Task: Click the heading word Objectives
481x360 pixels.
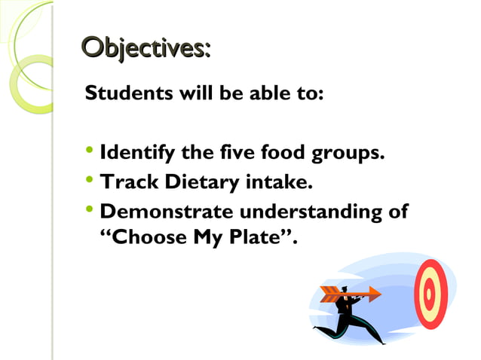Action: tap(146, 50)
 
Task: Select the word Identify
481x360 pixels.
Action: tap(138, 155)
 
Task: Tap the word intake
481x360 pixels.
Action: tap(277, 182)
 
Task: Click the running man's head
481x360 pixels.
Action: tap(345, 289)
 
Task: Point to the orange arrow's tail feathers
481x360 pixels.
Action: tap(329, 294)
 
